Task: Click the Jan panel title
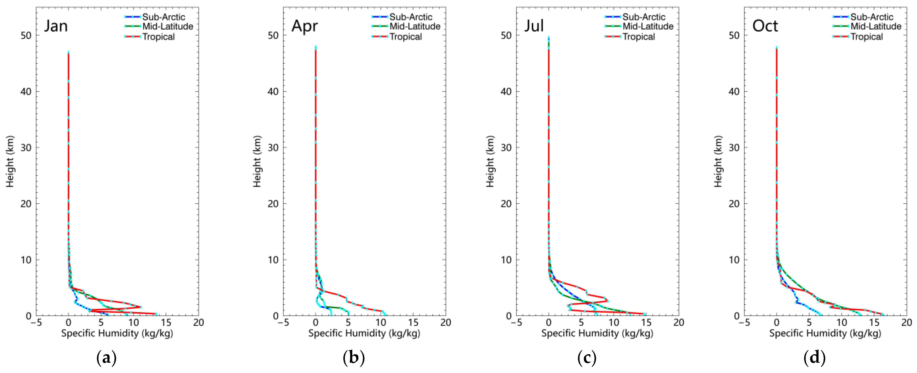(x=56, y=26)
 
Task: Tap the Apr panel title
(x=304, y=26)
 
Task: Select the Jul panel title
(x=534, y=26)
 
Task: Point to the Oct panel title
(x=765, y=26)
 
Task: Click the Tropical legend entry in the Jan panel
(x=158, y=37)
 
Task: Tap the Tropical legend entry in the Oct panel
(x=866, y=37)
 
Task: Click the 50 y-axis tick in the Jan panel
(x=26, y=35)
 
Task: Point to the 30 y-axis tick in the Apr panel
(x=273, y=147)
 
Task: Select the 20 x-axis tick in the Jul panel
(x=678, y=322)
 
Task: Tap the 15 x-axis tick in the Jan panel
(x=166, y=322)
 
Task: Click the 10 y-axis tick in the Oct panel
(x=734, y=260)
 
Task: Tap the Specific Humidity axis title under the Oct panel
(x=825, y=334)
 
